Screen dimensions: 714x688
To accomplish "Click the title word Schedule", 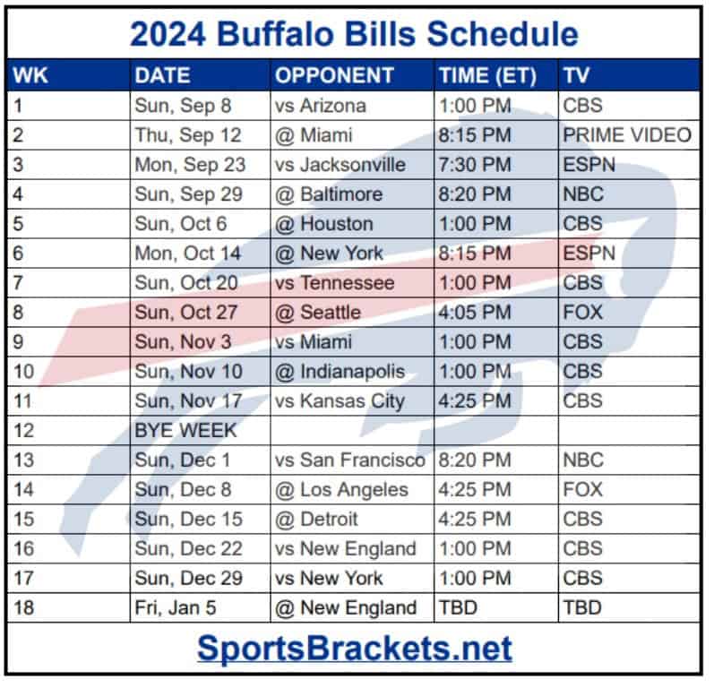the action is (503, 34).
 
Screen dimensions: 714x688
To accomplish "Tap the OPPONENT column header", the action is (334, 75).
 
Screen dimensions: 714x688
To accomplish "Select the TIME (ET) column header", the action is (487, 75).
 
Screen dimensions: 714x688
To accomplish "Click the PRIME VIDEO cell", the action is (627, 135).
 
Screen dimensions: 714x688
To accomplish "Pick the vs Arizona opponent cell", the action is (320, 106).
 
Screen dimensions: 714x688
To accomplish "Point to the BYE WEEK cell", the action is (185, 430).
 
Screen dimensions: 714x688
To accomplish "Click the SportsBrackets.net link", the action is (355, 648).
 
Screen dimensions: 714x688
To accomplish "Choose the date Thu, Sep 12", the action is (187, 135).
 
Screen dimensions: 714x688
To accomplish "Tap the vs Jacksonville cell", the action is (340, 165).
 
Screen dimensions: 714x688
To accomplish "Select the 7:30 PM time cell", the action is (475, 165).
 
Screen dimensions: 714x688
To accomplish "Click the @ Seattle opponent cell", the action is (318, 313).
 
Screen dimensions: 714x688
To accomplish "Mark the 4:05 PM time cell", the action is (475, 313).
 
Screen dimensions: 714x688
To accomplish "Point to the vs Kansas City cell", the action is (340, 401).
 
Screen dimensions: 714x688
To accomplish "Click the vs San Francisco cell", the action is (349, 460).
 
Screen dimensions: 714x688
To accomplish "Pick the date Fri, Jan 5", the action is (176, 608).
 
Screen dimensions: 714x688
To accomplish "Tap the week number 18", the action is (23, 608).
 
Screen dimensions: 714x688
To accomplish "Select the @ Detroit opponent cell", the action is (316, 519).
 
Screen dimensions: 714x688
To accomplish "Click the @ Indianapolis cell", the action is (340, 372).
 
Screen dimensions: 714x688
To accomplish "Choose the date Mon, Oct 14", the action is (187, 254).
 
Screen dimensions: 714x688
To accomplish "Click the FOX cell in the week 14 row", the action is (583, 489).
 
